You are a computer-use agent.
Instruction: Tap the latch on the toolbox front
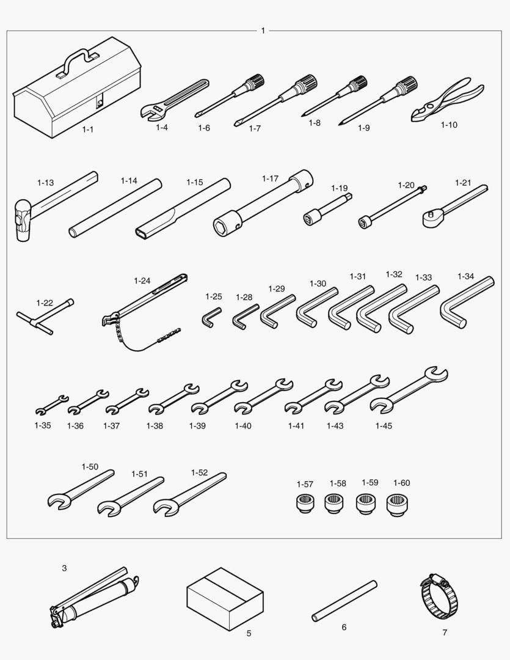pos(100,103)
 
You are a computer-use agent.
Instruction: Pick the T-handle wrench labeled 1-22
pos(45,317)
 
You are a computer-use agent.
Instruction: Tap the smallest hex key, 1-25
pos(211,317)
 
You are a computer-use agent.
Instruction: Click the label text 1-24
pos(142,280)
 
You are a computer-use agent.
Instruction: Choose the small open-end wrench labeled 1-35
pos(52,405)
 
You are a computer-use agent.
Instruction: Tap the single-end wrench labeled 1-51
pos(131,496)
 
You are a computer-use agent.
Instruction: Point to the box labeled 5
pos(225,599)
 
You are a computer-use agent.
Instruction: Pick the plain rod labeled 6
pos(344,601)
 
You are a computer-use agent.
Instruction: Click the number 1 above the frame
pos(263,31)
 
